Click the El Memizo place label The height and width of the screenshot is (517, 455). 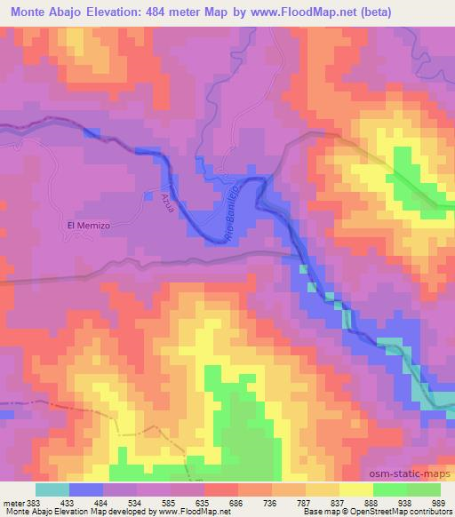(x=88, y=226)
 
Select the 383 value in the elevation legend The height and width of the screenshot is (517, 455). (x=32, y=503)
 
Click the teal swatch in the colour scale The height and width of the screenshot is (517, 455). (x=52, y=489)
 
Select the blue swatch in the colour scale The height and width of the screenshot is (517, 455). (x=86, y=489)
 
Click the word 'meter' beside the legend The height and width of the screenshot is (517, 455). (x=11, y=503)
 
